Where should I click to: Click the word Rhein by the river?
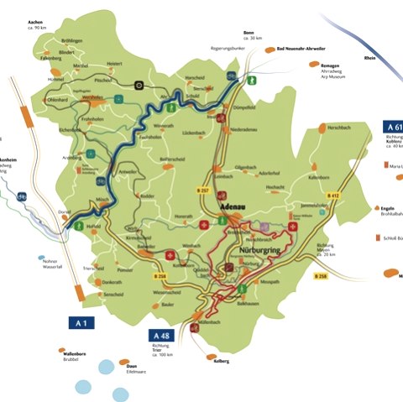370,58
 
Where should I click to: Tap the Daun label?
132,366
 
